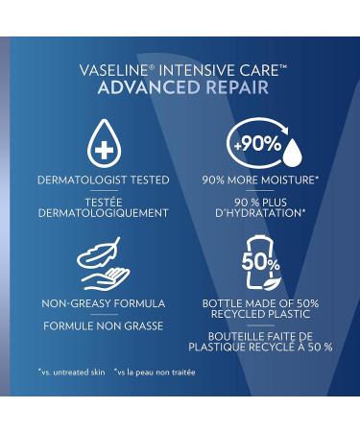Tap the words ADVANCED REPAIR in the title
(x=180, y=88)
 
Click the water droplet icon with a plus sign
(x=102, y=142)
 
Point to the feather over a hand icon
(x=103, y=263)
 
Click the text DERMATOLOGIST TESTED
(x=103, y=180)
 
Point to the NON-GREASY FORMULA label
(x=103, y=303)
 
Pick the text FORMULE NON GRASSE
(x=103, y=326)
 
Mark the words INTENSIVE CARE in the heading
(x=207, y=70)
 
